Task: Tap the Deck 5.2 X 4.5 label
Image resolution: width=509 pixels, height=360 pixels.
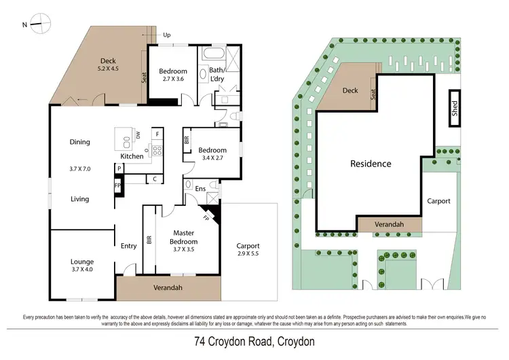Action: [x=109, y=64]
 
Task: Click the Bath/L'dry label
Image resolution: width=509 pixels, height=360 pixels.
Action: [x=216, y=74]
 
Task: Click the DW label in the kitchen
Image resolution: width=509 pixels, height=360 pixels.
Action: [x=138, y=135]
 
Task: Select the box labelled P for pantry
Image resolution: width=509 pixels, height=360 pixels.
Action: [x=119, y=168]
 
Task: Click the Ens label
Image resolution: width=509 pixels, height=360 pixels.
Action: [x=201, y=190]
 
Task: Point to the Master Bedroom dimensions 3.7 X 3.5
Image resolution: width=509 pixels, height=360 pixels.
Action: [x=183, y=250]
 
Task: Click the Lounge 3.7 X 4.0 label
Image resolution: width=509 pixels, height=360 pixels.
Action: [x=82, y=266]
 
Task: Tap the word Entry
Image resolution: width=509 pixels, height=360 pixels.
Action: [x=128, y=246]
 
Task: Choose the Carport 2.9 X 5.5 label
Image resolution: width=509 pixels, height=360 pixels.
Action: [x=248, y=250]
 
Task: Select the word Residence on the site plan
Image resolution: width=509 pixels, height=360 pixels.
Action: [x=370, y=164]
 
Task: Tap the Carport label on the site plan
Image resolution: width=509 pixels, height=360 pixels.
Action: [x=438, y=201]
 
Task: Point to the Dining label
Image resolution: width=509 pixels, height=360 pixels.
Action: [x=79, y=142]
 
